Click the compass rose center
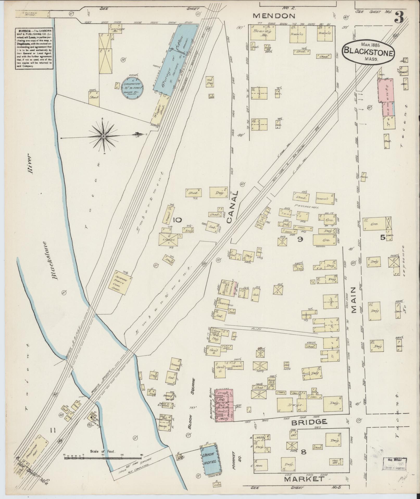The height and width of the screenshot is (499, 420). pyautogui.click(x=103, y=136)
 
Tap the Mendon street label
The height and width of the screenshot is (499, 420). pyautogui.click(x=274, y=16)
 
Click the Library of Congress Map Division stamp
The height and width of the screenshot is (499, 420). pyautogui.click(x=394, y=464)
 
